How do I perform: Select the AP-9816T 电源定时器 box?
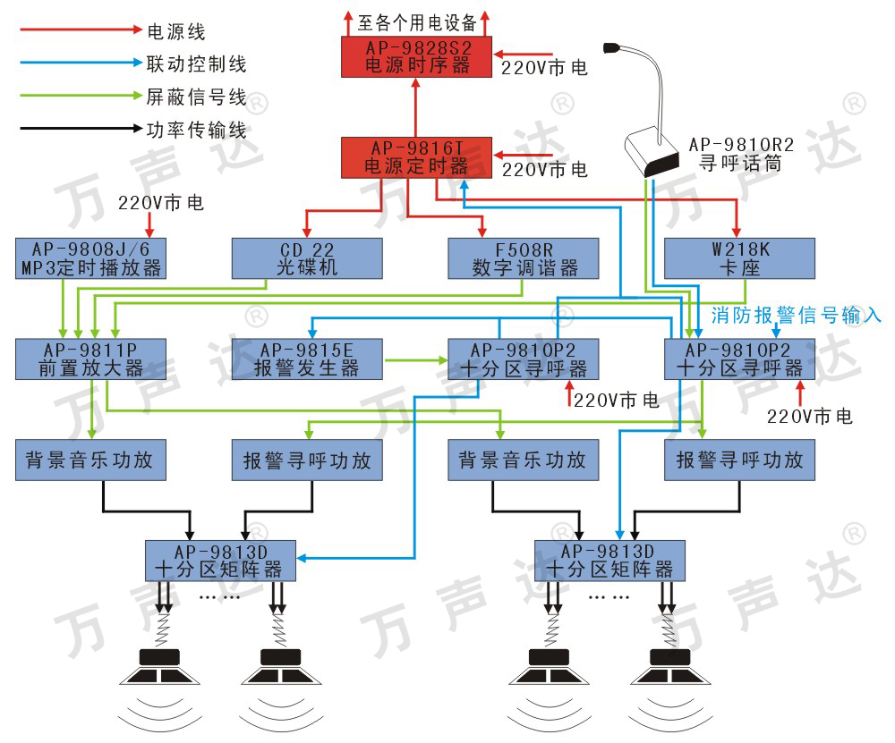click(x=416, y=157)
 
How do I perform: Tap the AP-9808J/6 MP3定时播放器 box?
click(x=90, y=258)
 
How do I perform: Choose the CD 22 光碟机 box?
click(x=307, y=258)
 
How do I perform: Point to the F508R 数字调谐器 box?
click(x=524, y=258)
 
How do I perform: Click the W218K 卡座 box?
click(x=740, y=258)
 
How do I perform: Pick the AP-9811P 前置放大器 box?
click(x=90, y=359)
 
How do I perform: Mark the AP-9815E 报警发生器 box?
click(x=307, y=359)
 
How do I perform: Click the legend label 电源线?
click(x=176, y=32)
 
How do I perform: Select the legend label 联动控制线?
click(x=196, y=64)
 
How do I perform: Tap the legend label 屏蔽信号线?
click(x=196, y=97)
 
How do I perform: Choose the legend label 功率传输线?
click(x=196, y=130)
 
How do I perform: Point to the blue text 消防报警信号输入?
click(x=797, y=315)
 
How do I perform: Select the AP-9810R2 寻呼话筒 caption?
click(x=741, y=154)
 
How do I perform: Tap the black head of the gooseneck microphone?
click(x=612, y=46)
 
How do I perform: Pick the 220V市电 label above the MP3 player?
click(x=161, y=203)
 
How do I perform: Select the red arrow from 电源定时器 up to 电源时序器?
click(x=415, y=108)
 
